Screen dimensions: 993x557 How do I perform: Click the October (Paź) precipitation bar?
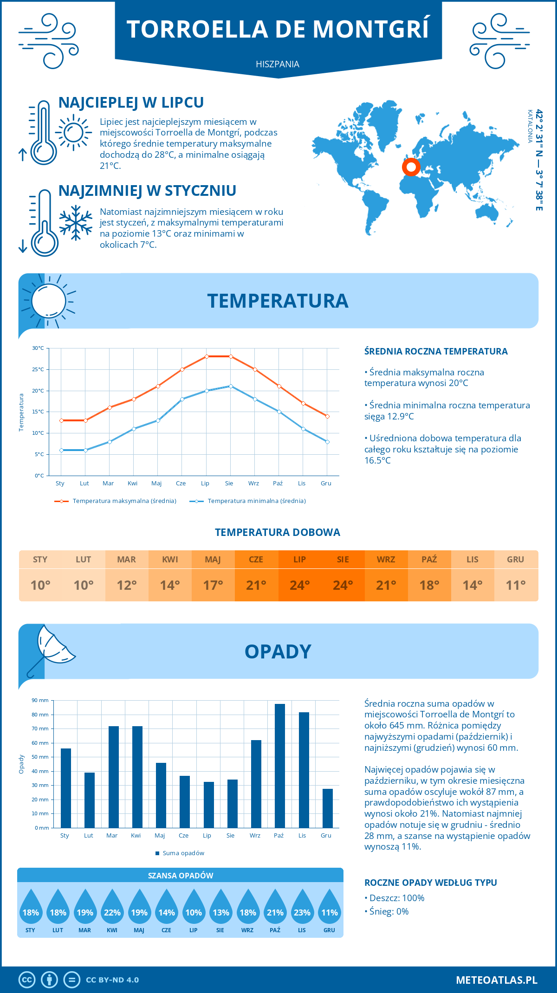coord(279,766)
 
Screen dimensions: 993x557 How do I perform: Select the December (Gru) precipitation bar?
coord(327,808)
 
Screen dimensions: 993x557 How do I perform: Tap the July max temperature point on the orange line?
coord(207,356)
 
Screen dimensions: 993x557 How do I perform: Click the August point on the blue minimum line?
coord(231,386)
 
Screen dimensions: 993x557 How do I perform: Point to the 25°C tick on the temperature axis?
coord(38,369)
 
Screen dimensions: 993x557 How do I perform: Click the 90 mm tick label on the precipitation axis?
coord(40,700)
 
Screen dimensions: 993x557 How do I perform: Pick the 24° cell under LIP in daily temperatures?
coord(299,585)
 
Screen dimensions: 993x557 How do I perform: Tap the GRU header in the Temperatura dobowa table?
coord(515,559)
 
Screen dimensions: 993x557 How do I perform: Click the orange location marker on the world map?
coord(411,167)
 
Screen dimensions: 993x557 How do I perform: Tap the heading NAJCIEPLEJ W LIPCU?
coord(131,102)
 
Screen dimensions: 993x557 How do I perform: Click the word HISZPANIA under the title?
coord(278,64)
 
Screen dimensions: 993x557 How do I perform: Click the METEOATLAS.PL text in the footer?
coord(496,980)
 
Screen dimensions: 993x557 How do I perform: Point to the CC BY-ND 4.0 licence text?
coord(112,980)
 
